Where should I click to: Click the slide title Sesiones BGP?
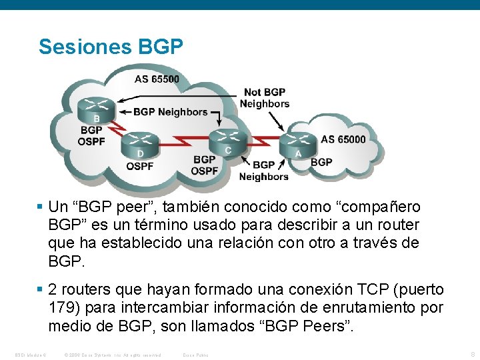111,47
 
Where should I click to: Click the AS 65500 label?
157,79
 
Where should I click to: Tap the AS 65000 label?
343,139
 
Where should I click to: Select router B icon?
96,107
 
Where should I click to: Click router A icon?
298,143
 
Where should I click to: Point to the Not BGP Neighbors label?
265,98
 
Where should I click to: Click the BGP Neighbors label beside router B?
170,112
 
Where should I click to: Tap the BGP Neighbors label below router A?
263,171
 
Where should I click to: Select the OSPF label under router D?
140,165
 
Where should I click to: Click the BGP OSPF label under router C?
204,165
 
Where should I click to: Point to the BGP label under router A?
321,161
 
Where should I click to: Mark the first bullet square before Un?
41,207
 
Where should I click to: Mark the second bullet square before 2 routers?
41,290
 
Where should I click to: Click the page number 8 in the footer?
472,354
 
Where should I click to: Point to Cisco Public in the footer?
195,355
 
